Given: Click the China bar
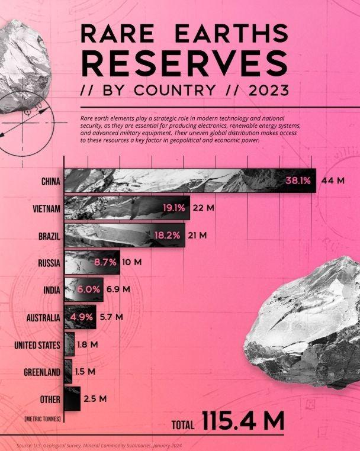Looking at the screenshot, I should click(x=189, y=181).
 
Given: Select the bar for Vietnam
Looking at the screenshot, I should click(x=127, y=208).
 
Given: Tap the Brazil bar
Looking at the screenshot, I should click(x=124, y=235).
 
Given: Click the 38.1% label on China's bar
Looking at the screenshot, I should click(x=298, y=181).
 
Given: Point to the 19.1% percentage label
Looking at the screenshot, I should click(x=174, y=208).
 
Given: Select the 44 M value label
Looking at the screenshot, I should click(x=333, y=181).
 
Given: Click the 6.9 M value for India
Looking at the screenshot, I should click(x=118, y=289).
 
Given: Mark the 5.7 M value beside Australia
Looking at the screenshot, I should click(x=111, y=317).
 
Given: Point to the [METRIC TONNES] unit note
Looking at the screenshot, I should click(x=42, y=418).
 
